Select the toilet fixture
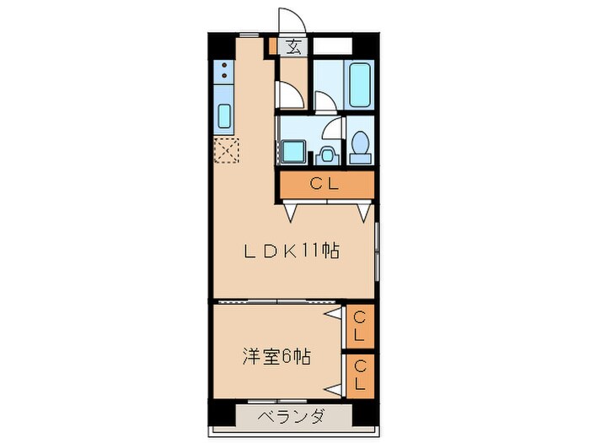pos(360,146)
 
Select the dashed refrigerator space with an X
pos(227,150)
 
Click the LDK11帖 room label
pos(292,251)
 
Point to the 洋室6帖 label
pos(276,356)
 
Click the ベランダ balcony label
pos(291,416)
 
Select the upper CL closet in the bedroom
pos(359,324)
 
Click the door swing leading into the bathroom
pos(326,100)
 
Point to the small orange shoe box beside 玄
pos(273,48)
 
